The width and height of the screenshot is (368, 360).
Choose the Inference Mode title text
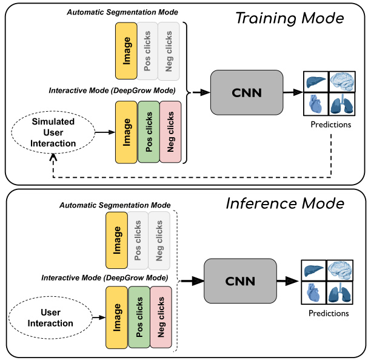[285, 203]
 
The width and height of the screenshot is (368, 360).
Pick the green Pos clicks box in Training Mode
[149, 132]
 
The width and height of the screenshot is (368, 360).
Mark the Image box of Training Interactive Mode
[126, 132]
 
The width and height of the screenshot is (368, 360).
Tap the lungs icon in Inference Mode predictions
[341, 293]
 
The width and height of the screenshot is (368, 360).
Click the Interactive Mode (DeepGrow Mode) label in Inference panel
[105, 277]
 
